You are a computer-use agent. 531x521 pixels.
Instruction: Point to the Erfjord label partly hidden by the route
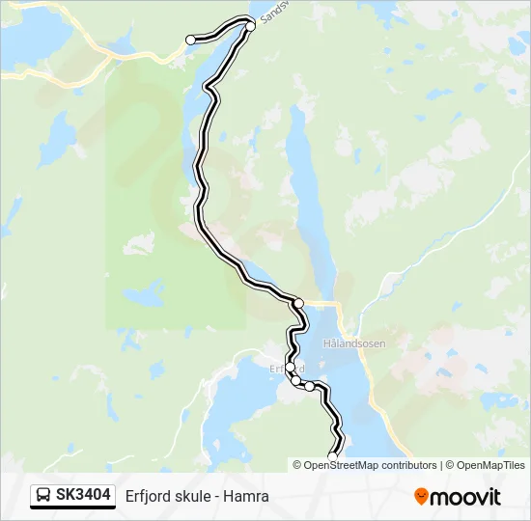287,369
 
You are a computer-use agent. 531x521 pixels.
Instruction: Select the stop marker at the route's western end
190,40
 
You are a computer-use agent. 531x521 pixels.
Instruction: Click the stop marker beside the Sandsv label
250,26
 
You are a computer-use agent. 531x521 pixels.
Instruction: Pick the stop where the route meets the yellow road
298,303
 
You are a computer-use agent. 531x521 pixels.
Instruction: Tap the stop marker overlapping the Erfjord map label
290,367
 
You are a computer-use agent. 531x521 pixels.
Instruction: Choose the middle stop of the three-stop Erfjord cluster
295,381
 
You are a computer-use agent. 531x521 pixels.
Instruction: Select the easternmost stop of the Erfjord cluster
310,386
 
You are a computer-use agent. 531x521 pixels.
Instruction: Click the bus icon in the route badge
43,496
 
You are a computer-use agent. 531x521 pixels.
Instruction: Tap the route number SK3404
83,496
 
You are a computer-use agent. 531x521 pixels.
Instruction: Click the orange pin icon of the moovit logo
421,497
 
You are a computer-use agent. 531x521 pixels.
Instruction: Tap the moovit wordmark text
465,497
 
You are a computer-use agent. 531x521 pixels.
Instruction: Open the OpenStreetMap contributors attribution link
371,465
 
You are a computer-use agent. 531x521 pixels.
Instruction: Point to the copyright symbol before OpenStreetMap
297,465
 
